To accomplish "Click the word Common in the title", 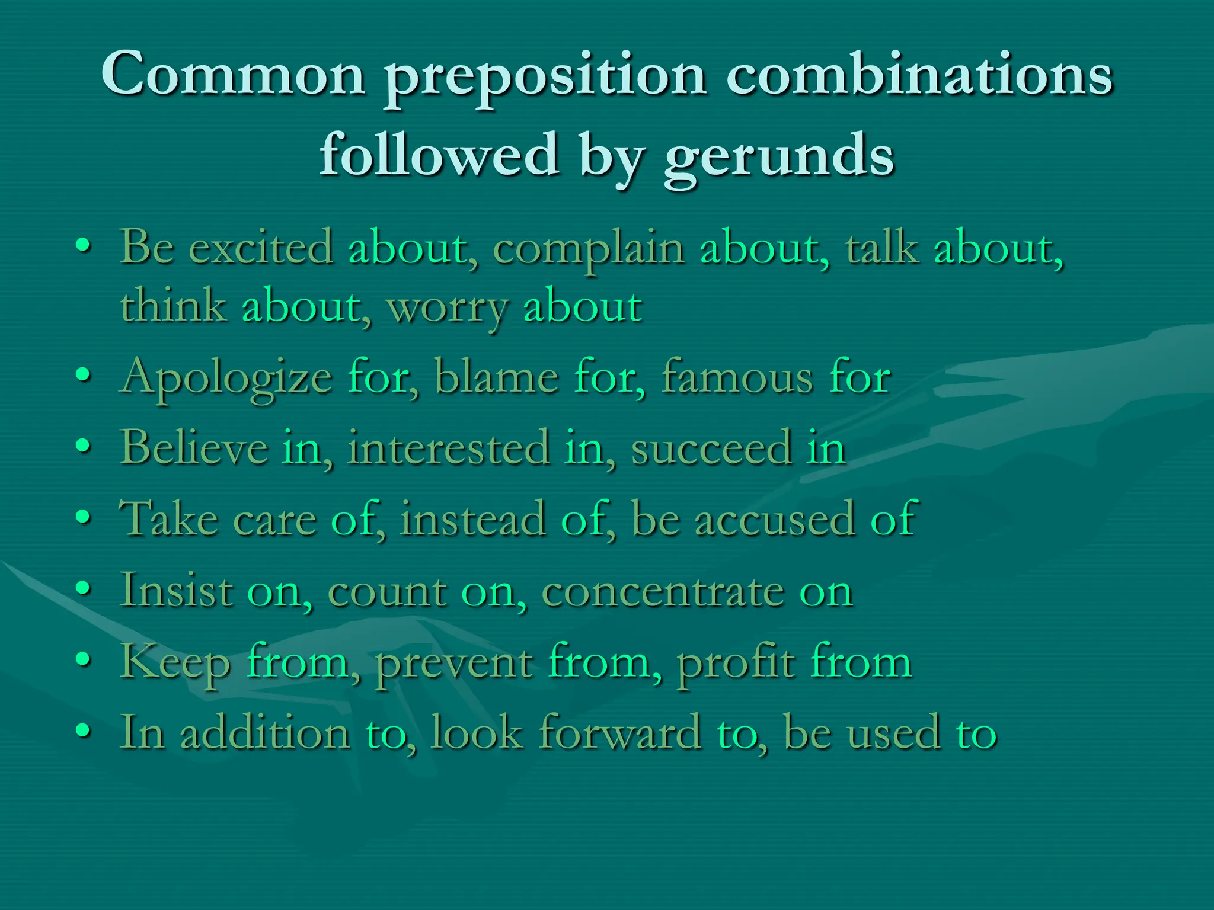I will point(233,74).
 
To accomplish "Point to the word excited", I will point(261,248).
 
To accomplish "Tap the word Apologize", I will point(225,378).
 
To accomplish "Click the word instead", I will point(472,519).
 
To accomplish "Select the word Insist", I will point(176,590).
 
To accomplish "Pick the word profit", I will point(736,662).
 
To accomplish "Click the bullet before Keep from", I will point(84,658).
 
